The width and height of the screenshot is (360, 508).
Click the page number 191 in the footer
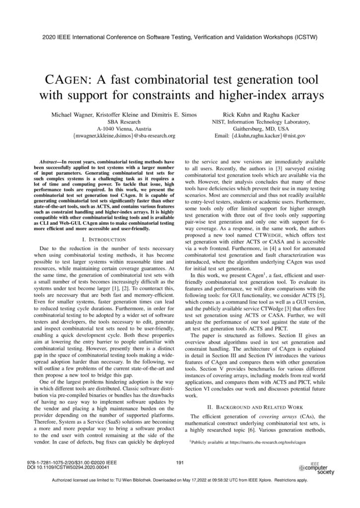(180, 462)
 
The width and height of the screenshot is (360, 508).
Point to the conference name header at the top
(180, 37)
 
